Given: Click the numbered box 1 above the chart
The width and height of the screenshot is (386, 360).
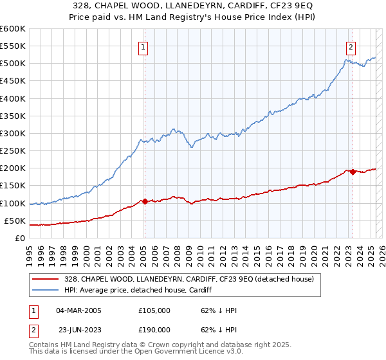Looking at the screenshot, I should click(x=143, y=46).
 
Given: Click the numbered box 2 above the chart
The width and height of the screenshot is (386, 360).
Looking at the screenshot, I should click(x=351, y=46).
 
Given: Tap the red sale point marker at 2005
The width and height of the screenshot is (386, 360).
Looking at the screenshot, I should click(x=145, y=201).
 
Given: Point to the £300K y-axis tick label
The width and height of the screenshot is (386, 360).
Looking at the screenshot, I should click(x=13, y=133).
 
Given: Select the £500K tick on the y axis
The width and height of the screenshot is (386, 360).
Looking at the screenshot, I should click(x=13, y=64).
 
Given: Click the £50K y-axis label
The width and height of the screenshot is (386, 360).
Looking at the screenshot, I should click(x=15, y=221).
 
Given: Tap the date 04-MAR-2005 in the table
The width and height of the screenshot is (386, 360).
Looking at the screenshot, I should click(x=79, y=310).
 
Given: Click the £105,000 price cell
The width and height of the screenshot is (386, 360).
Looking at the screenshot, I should click(x=154, y=310).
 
